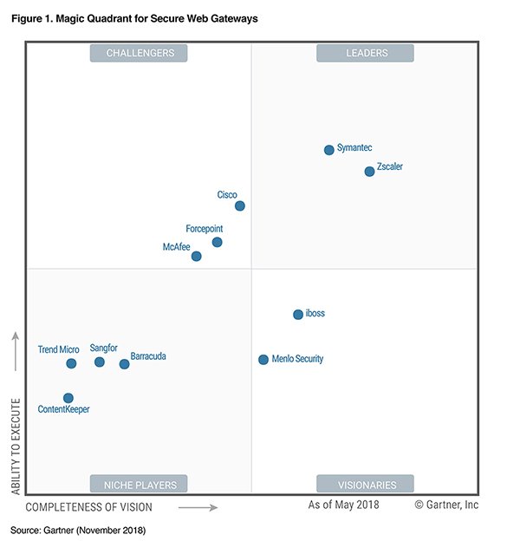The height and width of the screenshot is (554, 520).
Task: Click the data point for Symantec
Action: pyautogui.click(x=329, y=150)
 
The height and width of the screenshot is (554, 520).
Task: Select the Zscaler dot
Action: pyautogui.click(x=370, y=172)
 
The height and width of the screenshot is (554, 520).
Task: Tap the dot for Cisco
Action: pyautogui.click(x=240, y=206)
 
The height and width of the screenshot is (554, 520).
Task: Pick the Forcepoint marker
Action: pyautogui.click(x=218, y=243)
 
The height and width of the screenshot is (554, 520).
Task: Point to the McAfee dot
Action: pyautogui.click(x=197, y=257)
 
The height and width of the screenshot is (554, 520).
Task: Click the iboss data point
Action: pyautogui.click(x=298, y=315)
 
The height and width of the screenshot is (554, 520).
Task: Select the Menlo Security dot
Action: pyautogui.click(x=263, y=360)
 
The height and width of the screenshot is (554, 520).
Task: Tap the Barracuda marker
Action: pyautogui.click(x=125, y=364)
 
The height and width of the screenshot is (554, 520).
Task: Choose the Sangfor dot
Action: pyautogui.click(x=100, y=362)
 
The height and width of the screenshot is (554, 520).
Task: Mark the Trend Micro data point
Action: pyautogui.click(x=71, y=364)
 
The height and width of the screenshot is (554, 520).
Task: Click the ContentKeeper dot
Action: pyautogui.click(x=68, y=398)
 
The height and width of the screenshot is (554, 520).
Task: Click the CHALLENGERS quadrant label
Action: pyautogui.click(x=140, y=54)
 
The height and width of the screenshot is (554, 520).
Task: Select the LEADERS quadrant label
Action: pyautogui.click(x=365, y=54)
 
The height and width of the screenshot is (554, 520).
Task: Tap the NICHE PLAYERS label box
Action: pyautogui.click(x=139, y=485)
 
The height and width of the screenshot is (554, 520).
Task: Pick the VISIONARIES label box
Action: pyautogui.click(x=365, y=485)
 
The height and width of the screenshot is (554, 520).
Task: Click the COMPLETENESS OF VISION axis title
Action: pyautogui.click(x=88, y=507)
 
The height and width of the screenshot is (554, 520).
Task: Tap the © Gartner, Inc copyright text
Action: pyautogui.click(x=446, y=505)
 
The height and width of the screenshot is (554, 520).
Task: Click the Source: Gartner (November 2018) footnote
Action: pyautogui.click(x=78, y=529)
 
